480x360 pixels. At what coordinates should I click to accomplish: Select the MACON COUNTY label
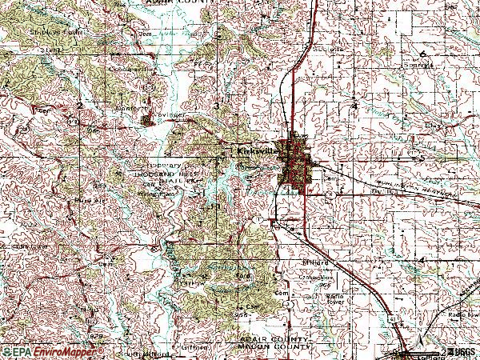[x=274, y=348]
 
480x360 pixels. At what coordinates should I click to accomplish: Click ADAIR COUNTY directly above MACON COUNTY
[x=274, y=340]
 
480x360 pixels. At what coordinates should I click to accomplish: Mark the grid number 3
[x=217, y=106]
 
